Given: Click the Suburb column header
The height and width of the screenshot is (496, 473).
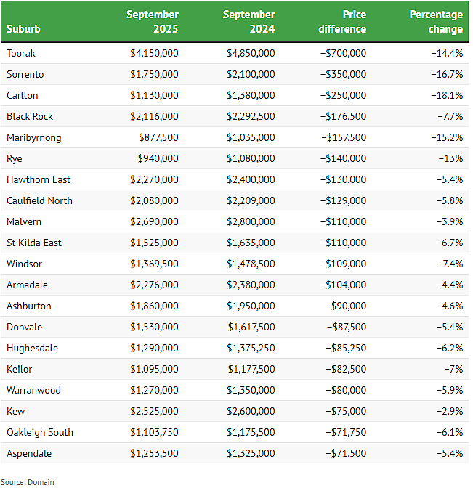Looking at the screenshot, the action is pyautogui.click(x=23, y=29).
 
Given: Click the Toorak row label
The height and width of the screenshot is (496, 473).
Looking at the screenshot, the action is pyautogui.click(x=21, y=53).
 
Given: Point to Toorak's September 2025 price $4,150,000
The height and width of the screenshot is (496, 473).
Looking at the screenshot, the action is pyautogui.click(x=155, y=53).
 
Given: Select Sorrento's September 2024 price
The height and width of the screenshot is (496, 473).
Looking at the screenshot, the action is pyautogui.click(x=251, y=74).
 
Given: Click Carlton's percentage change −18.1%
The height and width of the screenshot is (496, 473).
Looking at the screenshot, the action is pyautogui.click(x=447, y=95).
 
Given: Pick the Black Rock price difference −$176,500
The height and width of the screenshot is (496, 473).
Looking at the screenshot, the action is pyautogui.click(x=343, y=116).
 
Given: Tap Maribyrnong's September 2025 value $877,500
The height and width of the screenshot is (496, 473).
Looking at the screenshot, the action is pyautogui.click(x=158, y=137).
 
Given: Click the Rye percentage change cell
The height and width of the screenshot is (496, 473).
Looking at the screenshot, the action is pyautogui.click(x=450, y=158).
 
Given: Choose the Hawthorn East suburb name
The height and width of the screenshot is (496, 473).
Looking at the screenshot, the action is pyautogui.click(x=39, y=179).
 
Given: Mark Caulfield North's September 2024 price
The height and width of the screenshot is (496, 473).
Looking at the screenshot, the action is pyautogui.click(x=251, y=200).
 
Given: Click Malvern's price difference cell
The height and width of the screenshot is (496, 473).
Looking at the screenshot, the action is pyautogui.click(x=343, y=221).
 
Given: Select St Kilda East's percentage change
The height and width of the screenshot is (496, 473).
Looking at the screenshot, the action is pyautogui.click(x=450, y=243).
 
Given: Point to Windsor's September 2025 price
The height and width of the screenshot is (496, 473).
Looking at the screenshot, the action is pyautogui.click(x=155, y=264).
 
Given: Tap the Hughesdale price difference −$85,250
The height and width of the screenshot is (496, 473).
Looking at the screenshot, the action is pyautogui.click(x=346, y=349).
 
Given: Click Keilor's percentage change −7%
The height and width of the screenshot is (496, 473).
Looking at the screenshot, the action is pyautogui.click(x=453, y=369).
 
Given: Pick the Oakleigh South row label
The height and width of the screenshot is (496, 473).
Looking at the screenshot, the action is pyautogui.click(x=40, y=432).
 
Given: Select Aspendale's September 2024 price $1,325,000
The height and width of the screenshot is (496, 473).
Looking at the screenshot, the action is pyautogui.click(x=251, y=454).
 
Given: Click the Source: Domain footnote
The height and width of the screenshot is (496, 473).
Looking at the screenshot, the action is pyautogui.click(x=27, y=482).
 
